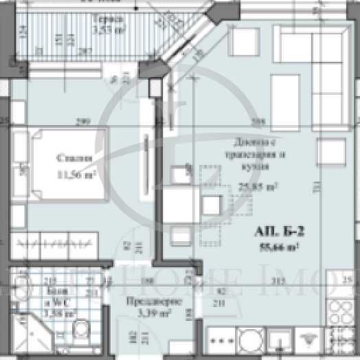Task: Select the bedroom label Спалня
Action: click(x=74, y=159)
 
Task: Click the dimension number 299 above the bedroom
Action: click(x=82, y=123)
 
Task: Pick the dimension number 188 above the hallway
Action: click(x=145, y=280)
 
